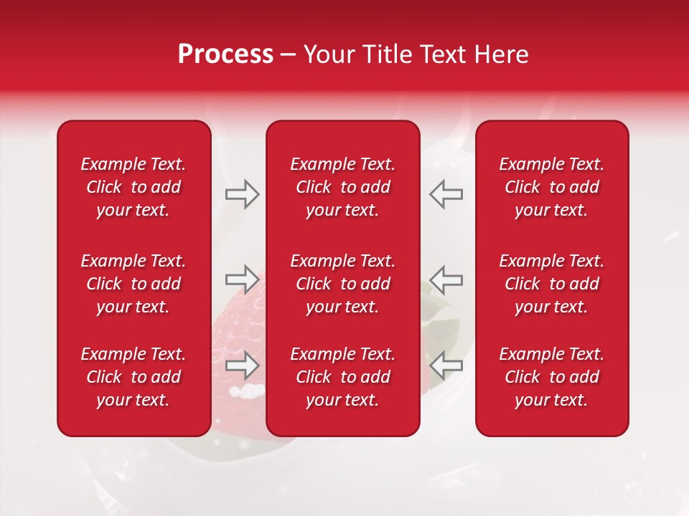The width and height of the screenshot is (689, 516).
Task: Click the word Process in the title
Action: point(225,54)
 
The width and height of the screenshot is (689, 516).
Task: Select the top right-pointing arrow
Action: point(243,194)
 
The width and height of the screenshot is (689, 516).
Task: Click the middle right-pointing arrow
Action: point(243,279)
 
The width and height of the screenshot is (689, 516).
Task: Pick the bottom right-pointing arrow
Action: point(243,365)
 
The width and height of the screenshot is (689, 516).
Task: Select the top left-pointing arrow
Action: point(446,194)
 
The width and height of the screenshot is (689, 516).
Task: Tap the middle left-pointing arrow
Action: point(446,279)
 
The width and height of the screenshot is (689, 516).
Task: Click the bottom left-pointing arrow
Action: point(446,365)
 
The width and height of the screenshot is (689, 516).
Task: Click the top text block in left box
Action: point(133,187)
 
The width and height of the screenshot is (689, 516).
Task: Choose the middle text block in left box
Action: point(133,284)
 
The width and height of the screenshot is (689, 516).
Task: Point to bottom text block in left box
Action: point(133,377)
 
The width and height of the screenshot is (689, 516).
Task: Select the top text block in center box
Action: point(342,187)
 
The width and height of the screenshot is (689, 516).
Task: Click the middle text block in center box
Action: point(342,284)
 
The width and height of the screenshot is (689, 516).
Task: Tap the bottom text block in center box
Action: point(342,377)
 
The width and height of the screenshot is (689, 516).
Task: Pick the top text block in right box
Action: point(551,187)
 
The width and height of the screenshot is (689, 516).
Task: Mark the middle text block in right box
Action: point(551,284)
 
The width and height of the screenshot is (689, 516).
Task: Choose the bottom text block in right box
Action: point(551,377)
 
